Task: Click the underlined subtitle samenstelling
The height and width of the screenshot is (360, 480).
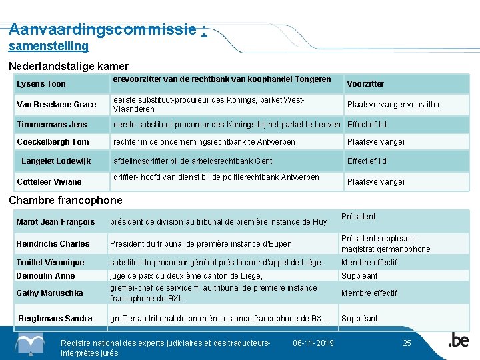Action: (48, 46)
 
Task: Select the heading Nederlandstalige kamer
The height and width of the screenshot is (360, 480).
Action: (68, 67)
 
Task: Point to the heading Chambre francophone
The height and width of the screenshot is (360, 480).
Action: (65, 200)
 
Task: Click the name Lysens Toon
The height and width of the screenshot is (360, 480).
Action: (41, 84)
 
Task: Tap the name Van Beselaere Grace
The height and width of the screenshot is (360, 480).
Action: (56, 105)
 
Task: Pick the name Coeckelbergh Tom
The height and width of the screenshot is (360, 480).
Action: (53, 142)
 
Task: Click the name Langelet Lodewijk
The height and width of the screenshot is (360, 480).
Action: (56, 161)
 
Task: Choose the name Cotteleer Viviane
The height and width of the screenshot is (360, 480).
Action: (49, 182)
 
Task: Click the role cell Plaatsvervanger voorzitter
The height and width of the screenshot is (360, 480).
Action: (393, 105)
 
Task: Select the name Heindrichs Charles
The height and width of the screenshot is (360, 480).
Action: (53, 244)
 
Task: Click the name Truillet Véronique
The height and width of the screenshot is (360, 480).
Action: (50, 263)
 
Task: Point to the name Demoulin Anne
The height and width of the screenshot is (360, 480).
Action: (45, 276)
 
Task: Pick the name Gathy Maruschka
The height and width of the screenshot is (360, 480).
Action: (49, 293)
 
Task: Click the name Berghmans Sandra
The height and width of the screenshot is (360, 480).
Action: (55, 319)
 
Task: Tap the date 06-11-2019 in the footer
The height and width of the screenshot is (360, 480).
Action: (313, 343)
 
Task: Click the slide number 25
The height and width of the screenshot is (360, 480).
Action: (407, 343)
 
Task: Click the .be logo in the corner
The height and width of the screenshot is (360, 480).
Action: (458, 340)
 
